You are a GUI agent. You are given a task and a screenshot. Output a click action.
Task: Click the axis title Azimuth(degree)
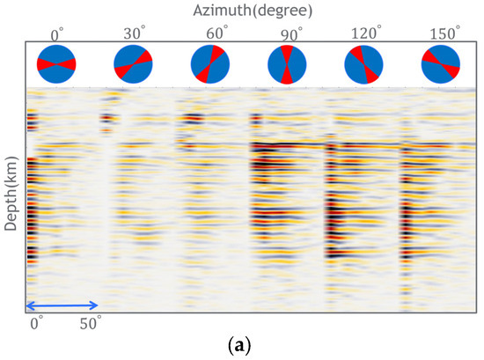point(248,11)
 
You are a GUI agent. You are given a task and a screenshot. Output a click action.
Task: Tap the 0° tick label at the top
point(57,33)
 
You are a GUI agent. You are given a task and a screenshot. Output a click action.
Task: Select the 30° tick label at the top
point(136,33)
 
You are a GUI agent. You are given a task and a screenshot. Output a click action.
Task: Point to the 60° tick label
point(213,33)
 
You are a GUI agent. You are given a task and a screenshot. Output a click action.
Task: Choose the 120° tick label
point(367,33)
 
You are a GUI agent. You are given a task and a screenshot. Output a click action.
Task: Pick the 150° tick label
point(445,33)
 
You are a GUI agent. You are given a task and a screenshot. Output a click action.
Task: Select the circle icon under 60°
point(211,64)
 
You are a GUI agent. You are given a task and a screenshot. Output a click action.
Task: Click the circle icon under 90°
point(288,64)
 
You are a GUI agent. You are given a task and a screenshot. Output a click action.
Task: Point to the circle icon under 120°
point(364,64)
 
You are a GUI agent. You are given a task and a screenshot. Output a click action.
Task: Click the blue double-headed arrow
point(62,305)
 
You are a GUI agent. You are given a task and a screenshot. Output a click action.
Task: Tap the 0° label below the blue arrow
point(36,323)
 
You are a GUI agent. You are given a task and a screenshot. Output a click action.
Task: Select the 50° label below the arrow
point(92,323)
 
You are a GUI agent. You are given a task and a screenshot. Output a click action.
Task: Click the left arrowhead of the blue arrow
point(30,305)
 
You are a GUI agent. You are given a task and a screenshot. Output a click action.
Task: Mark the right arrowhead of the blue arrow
point(96,305)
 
